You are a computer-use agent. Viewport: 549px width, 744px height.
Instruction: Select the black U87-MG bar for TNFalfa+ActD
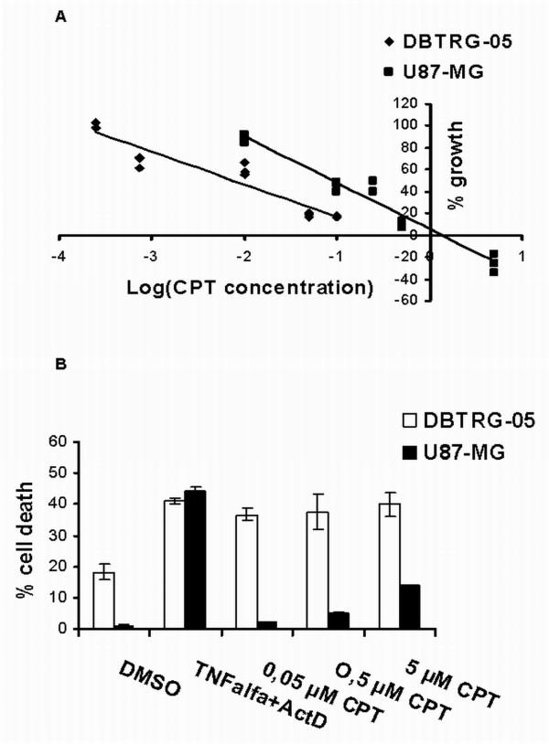coord(197,559)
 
